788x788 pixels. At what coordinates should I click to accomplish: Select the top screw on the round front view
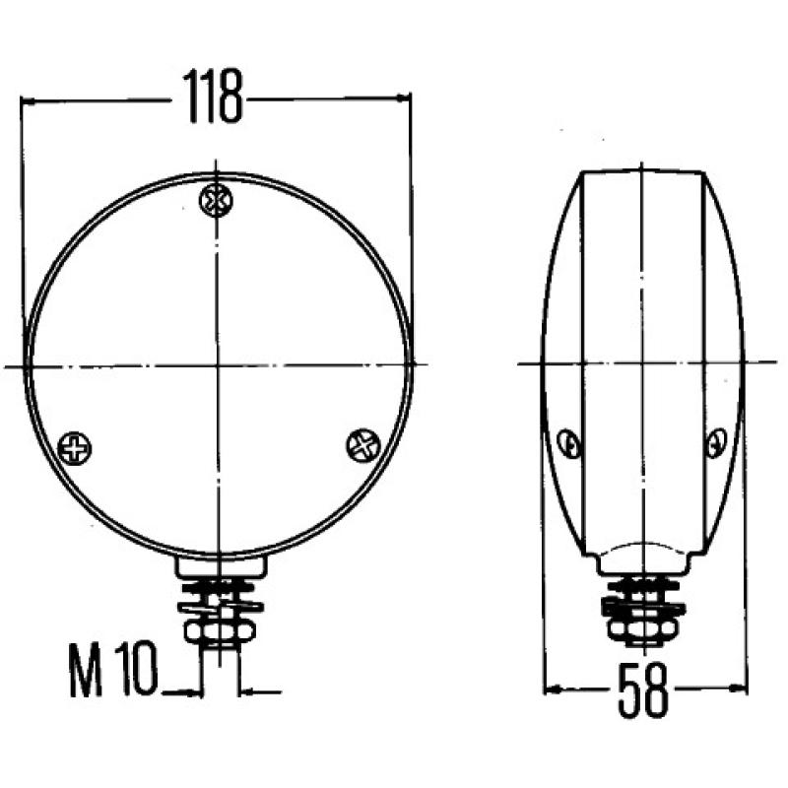215,200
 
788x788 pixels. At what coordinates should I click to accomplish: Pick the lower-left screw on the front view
74,449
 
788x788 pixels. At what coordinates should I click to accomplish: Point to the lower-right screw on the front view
362,445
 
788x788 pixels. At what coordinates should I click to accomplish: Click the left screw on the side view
568,445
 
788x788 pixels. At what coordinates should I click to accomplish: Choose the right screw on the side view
716,444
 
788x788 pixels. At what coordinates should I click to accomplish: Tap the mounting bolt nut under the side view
638,624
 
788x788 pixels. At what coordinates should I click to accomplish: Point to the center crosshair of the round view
215,365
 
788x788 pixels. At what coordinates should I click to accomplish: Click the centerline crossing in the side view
642,363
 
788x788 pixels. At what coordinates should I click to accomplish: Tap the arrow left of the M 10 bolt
193,691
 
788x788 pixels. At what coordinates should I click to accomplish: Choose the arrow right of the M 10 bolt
246,691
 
